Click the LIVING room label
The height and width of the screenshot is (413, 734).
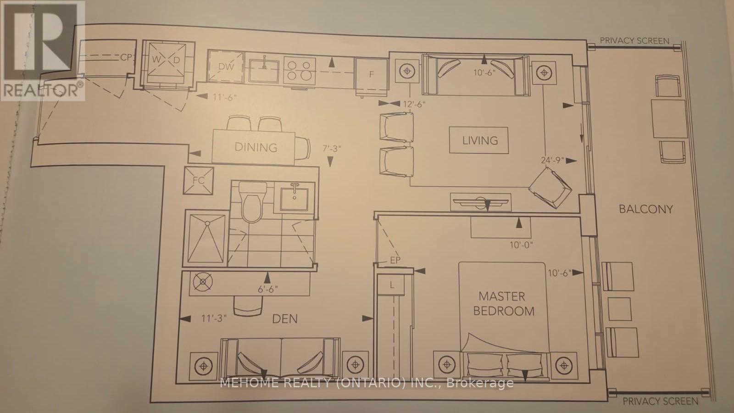480,140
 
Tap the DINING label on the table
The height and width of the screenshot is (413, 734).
256,147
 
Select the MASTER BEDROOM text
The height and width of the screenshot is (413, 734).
504,304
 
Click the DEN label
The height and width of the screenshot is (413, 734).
285,318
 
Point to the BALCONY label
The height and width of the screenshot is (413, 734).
645,209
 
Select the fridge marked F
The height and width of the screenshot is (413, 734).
372,74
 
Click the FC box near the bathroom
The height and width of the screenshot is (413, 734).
198,180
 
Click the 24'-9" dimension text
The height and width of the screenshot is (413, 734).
552,161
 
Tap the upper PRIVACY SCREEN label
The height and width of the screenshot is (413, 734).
634,40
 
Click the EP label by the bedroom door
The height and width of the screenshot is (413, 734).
395,260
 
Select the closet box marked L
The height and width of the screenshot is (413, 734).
391,285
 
